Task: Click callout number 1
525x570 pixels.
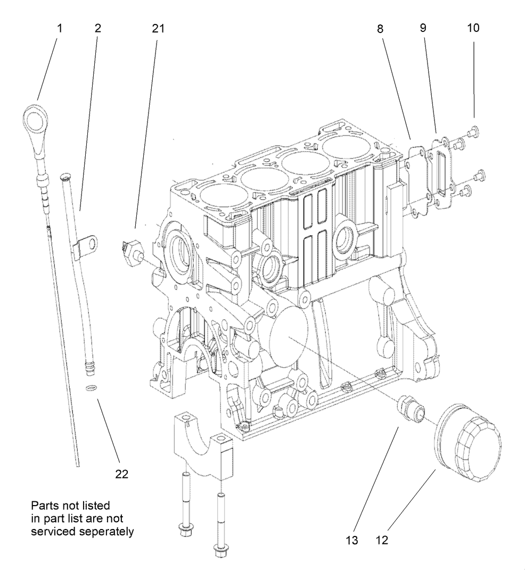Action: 60,28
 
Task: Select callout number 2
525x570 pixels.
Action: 97,28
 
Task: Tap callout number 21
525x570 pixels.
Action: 158,28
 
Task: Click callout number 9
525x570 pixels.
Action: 423,28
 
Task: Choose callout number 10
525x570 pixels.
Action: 473,28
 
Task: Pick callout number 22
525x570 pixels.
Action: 122,474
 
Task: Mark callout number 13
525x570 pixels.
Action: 352,540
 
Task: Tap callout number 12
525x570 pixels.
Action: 382,540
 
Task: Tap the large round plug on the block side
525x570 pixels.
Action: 290,336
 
